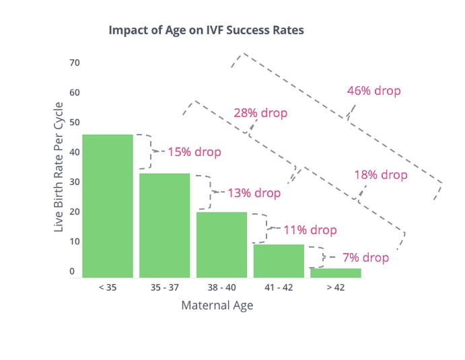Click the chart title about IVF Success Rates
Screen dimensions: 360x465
click(206, 30)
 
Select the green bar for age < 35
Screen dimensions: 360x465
click(108, 205)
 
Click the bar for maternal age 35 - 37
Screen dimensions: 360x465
click(164, 225)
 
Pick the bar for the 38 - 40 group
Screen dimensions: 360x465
click(221, 244)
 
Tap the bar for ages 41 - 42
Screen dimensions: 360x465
click(279, 260)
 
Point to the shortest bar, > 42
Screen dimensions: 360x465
click(335, 273)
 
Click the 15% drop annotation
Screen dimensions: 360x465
click(194, 152)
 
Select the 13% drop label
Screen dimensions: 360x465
click(254, 193)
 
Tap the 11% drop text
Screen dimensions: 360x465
click(310, 230)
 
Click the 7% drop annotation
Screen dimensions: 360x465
click(365, 258)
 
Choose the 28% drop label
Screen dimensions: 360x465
click(260, 113)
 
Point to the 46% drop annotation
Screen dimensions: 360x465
click(373, 91)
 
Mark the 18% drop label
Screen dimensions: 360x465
click(381, 175)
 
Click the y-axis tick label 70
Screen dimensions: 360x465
click(75, 63)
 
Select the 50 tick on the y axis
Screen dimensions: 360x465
click(75, 122)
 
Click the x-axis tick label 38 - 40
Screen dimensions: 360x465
click(221, 287)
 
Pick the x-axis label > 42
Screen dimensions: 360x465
click(335, 287)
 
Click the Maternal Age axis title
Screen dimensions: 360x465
click(217, 305)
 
